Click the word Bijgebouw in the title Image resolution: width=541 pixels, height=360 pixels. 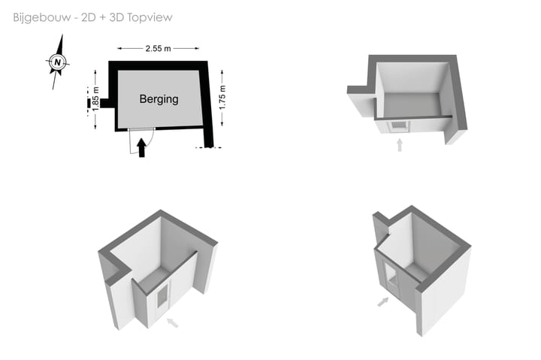click(x=42, y=17)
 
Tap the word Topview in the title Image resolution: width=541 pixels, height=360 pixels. click(x=150, y=17)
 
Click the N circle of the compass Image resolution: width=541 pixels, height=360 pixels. click(x=58, y=62)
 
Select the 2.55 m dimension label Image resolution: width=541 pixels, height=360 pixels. click(x=158, y=48)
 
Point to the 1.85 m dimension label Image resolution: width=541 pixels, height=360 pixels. click(x=95, y=98)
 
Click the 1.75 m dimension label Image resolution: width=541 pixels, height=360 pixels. click(x=222, y=98)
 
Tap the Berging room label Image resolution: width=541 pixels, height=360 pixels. click(x=159, y=99)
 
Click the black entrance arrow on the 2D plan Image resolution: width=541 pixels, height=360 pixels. click(x=141, y=148)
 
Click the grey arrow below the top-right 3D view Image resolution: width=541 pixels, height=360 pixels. click(x=400, y=145)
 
